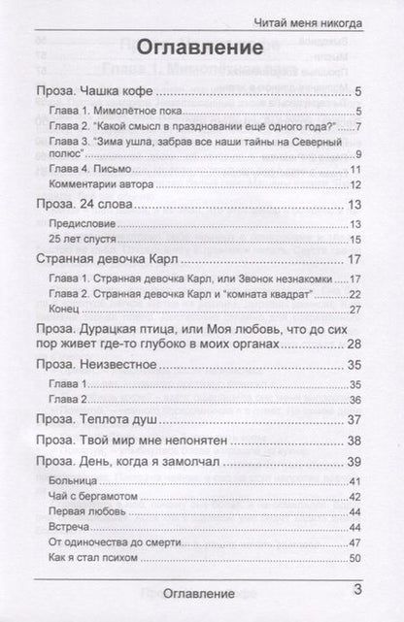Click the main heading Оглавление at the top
[x=202, y=48]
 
